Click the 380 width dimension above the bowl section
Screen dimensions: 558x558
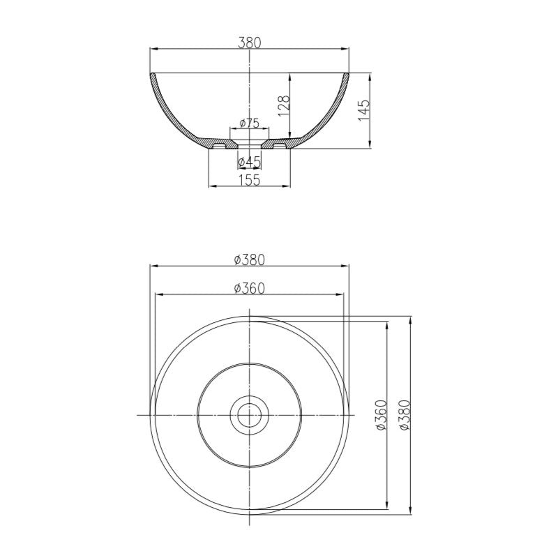click(x=249, y=42)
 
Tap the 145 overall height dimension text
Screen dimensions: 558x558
click(x=364, y=110)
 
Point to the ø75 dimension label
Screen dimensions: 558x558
click(x=249, y=123)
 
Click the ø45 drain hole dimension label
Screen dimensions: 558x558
click(x=249, y=162)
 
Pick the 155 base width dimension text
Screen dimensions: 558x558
click(x=249, y=180)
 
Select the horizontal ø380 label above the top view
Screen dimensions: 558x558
click(x=249, y=259)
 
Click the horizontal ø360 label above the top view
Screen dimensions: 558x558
click(x=249, y=288)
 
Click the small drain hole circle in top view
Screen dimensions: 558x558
click(x=249, y=415)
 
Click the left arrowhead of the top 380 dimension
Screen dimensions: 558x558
click(x=153, y=49)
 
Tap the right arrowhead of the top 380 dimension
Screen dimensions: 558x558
click(x=345, y=49)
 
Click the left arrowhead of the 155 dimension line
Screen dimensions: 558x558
click(x=213, y=186)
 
